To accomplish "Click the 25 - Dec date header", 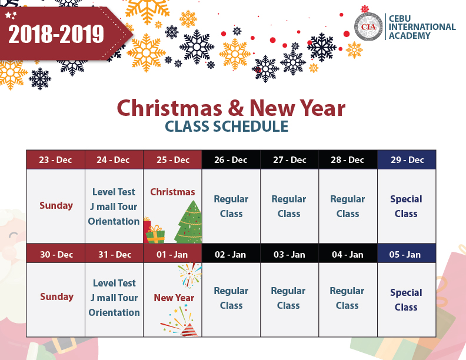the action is (x=173, y=160).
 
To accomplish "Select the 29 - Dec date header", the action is (x=407, y=160).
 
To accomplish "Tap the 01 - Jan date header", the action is (x=172, y=254).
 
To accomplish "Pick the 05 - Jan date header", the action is (x=407, y=254).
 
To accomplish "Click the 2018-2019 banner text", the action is (x=56, y=34).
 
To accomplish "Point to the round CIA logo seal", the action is (x=368, y=26).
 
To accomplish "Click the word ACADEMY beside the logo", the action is (x=410, y=36).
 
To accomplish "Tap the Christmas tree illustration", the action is (x=189, y=222).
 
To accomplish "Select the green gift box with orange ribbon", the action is (x=155, y=235).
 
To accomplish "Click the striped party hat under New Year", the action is (x=189, y=329).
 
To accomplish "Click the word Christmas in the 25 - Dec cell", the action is (x=172, y=192).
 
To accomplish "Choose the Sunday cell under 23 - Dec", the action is (x=56, y=206).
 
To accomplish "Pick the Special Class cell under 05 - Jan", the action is (x=407, y=299).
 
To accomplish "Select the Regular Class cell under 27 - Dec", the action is (x=289, y=206).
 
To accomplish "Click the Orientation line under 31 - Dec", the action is (x=114, y=312).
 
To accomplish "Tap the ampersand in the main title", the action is (x=236, y=108).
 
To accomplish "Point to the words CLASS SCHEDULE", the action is (x=227, y=126).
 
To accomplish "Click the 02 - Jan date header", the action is (x=231, y=254).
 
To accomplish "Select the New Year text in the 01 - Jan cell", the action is (x=174, y=298).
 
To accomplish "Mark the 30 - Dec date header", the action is (x=56, y=254).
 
